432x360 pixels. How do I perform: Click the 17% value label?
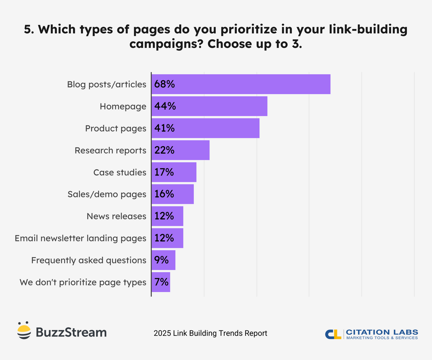tap(164, 172)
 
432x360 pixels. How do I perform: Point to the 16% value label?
tap(164, 194)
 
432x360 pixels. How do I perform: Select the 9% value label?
tap(161, 260)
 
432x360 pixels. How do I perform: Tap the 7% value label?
tap(161, 282)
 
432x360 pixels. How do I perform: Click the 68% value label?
tap(165, 84)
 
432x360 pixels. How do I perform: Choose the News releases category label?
tap(116, 216)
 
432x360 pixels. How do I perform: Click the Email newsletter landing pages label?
tap(80, 238)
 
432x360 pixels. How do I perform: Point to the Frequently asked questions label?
tap(89, 260)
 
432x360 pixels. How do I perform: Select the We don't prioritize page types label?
tap(83, 282)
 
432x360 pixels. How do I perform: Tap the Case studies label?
tap(120, 172)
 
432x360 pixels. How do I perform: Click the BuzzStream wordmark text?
tap(71, 332)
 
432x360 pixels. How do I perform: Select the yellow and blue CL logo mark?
tap(333, 334)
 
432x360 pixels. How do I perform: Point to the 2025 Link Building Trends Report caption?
tap(210, 333)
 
